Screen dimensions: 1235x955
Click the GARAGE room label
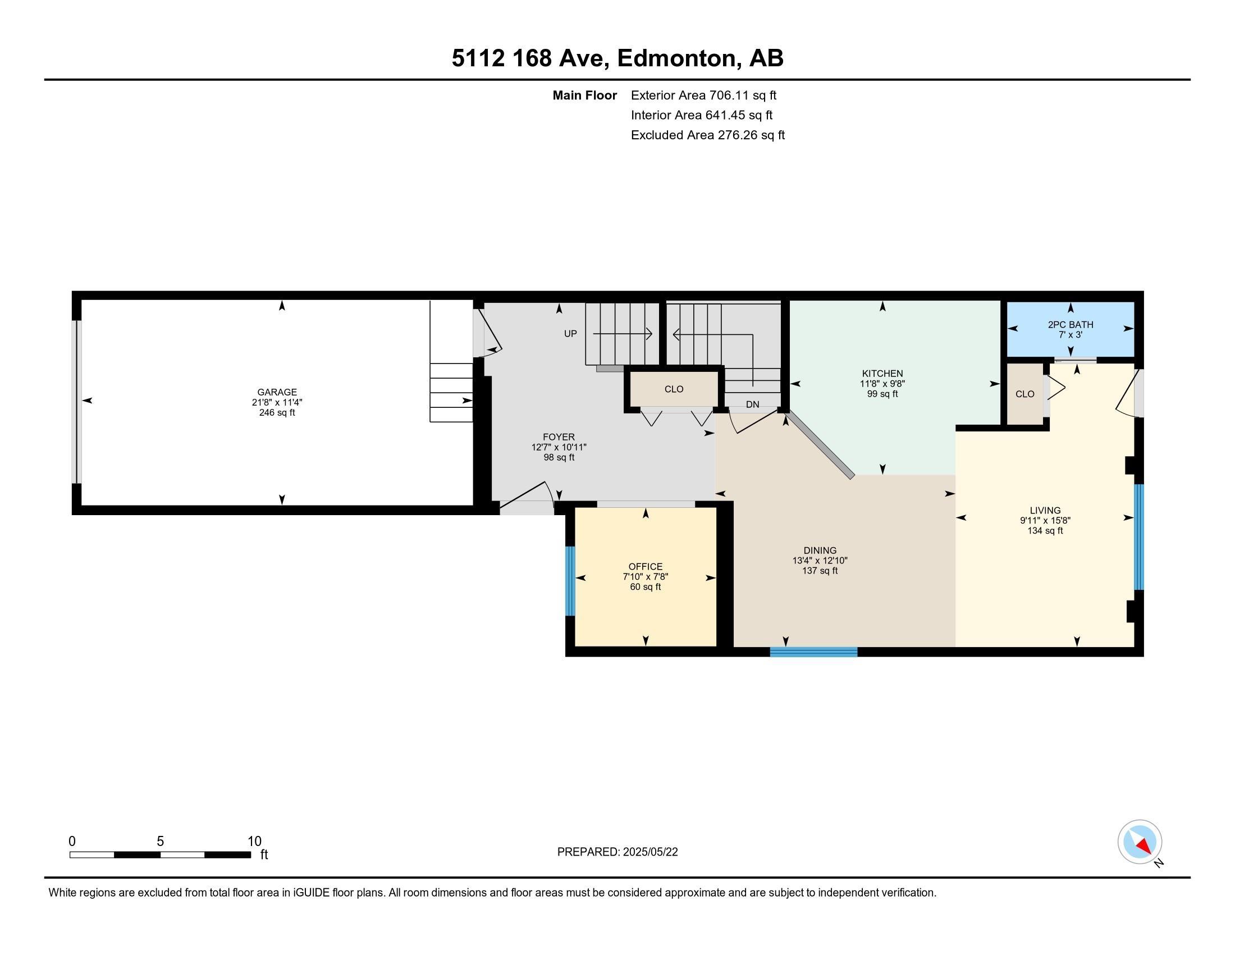277,392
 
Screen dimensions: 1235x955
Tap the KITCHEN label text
882,374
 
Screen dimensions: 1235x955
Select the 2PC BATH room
1071,329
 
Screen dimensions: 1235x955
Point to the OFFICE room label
645,566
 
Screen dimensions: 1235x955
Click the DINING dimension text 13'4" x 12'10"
820,561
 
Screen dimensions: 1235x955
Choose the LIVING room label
1045,510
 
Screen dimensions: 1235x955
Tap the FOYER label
559,436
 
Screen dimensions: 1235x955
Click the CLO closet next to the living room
1024,394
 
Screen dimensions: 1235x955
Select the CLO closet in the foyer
674,389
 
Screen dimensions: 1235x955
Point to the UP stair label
570,334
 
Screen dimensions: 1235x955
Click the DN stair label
752,404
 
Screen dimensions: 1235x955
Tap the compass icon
1140,842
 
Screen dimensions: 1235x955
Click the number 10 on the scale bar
254,842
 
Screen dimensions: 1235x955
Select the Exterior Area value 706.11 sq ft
743,95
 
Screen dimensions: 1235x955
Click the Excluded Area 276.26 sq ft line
708,135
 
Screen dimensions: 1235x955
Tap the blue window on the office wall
570,580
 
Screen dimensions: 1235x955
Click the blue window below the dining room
814,652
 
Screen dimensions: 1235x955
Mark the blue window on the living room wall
1139,537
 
